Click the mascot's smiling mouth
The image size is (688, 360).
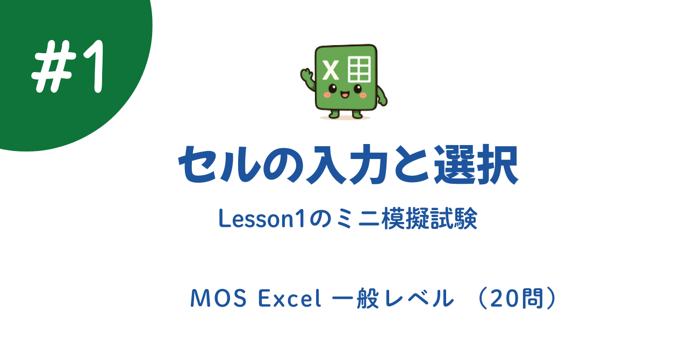(345, 95)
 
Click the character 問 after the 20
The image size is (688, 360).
(535, 299)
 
